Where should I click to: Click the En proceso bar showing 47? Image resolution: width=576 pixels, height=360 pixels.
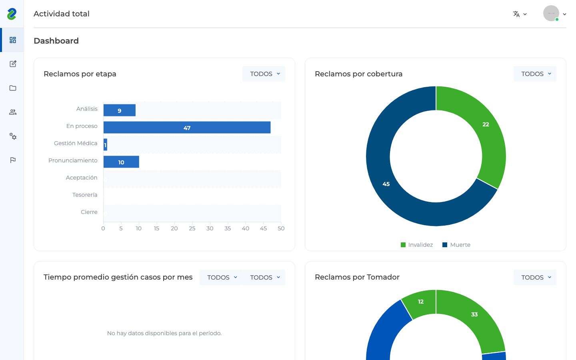tap(187, 128)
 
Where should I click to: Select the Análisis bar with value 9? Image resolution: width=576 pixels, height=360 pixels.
tap(120, 110)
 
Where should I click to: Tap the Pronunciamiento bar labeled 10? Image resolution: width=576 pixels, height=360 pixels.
tap(121, 162)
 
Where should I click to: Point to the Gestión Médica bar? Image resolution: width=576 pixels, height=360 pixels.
tap(106, 145)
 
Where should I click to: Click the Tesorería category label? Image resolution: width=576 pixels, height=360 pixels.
tap(85, 195)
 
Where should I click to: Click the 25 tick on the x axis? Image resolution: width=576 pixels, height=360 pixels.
tap(192, 228)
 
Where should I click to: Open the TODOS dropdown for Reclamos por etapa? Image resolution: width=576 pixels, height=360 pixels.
tap(264, 74)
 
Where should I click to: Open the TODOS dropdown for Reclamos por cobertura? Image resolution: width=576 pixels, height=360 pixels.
tap(535, 74)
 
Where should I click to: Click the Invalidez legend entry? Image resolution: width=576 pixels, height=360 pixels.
tap(417, 245)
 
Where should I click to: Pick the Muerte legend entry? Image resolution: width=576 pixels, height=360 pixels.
tap(456, 245)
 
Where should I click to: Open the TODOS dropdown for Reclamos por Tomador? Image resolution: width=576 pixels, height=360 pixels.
tap(535, 277)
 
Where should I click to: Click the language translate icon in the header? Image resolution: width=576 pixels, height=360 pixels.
tap(516, 14)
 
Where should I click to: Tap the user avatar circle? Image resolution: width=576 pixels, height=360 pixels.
tap(551, 13)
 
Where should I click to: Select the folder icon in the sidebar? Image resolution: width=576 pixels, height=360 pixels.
tap(13, 88)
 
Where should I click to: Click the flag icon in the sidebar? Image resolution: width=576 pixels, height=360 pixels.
tap(13, 160)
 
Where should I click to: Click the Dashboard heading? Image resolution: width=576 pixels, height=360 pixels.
tap(56, 41)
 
